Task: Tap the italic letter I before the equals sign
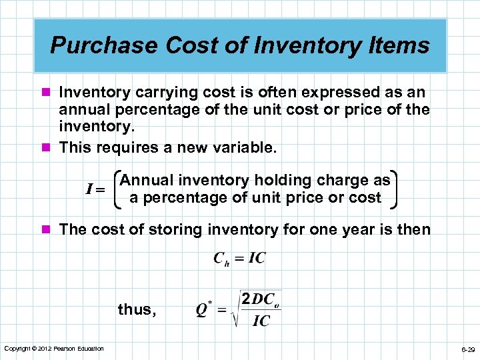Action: pyautogui.click(x=89, y=189)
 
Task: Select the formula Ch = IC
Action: pyautogui.click(x=239, y=259)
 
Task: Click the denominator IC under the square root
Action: pyautogui.click(x=261, y=321)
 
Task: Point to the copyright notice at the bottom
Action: pyautogui.click(x=54, y=349)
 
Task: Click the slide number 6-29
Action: pyautogui.click(x=467, y=349)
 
